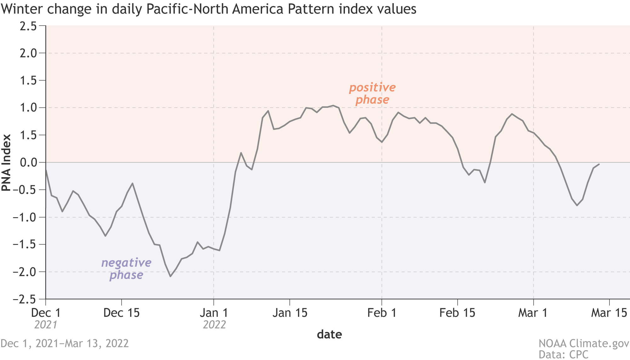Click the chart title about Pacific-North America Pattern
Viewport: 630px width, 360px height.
click(x=209, y=9)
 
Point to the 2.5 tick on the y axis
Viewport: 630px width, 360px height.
click(x=28, y=26)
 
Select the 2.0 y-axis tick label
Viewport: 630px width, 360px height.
click(x=28, y=53)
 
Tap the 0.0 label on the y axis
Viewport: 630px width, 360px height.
click(x=28, y=163)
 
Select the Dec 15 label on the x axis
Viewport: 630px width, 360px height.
click(x=122, y=313)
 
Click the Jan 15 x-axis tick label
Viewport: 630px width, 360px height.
click(x=290, y=313)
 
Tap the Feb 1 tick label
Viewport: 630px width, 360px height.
click(x=382, y=313)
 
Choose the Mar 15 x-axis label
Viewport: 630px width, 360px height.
click(x=609, y=313)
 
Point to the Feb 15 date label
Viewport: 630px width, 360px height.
click(x=457, y=313)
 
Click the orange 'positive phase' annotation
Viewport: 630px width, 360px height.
click(x=372, y=93)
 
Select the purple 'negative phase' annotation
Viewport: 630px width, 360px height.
click(x=126, y=269)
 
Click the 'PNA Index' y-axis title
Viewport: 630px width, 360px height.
click(x=6, y=163)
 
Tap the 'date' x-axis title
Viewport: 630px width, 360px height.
click(x=329, y=334)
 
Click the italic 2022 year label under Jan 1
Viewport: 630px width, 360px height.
click(x=214, y=325)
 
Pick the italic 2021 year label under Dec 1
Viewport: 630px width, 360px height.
click(x=46, y=325)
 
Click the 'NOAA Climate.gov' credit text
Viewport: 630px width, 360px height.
click(x=584, y=343)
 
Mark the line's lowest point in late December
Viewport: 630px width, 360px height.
click(x=170, y=276)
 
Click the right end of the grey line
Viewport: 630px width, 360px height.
click(x=599, y=164)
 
